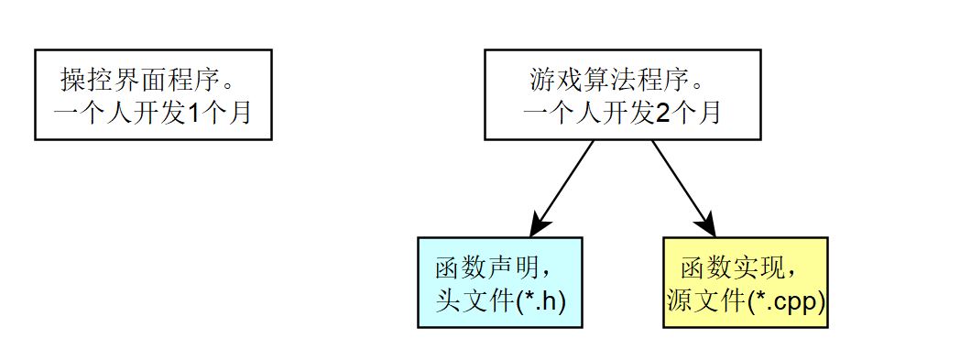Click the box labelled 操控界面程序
tap(153, 95)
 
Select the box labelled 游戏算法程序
tap(623, 95)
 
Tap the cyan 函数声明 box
tap(499, 282)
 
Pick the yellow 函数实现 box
tap(745, 282)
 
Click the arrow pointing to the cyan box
tap(562, 189)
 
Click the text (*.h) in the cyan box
tap(541, 302)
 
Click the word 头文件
tap(475, 302)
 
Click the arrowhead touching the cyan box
tap(539, 224)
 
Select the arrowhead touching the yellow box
tap(707, 224)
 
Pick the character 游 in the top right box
tap(541, 81)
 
